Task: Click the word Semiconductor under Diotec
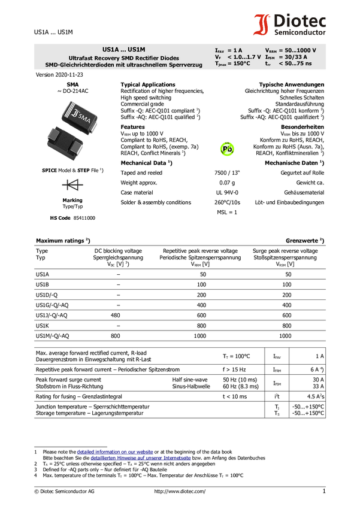coord(300,32)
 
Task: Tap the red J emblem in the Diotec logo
coord(261,25)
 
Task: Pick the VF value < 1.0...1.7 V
coord(244,57)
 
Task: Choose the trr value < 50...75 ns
coord(295,63)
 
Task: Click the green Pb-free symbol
coord(227,149)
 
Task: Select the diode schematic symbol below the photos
coord(73,185)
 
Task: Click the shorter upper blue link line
coord(115,452)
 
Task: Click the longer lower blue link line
coord(140,459)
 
